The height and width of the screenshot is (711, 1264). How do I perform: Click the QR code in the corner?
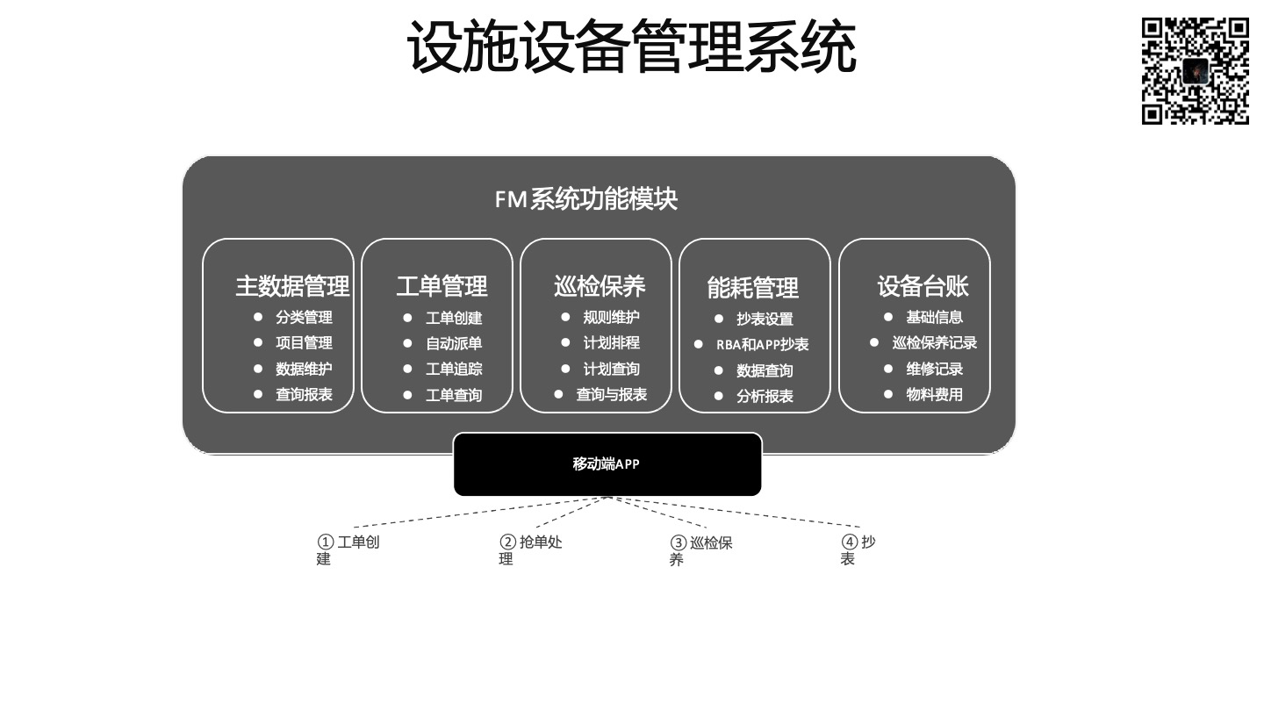[x=1196, y=70]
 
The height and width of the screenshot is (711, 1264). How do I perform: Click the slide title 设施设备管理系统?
[x=631, y=47]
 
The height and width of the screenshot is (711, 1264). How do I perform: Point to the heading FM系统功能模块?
[x=585, y=198]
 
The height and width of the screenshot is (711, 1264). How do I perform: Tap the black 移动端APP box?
[x=607, y=464]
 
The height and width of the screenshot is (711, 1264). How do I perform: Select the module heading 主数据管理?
[x=292, y=286]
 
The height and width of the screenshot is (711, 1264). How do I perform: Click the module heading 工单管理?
[x=442, y=286]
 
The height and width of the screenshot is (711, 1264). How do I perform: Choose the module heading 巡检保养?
[x=600, y=286]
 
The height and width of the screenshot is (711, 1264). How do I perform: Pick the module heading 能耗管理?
[x=753, y=288]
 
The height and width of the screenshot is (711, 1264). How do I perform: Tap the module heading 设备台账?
[x=923, y=286]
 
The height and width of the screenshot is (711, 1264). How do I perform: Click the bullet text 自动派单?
[x=454, y=343]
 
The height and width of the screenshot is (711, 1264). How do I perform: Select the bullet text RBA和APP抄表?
[x=762, y=344]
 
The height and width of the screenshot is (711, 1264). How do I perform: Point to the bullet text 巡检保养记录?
[x=935, y=342]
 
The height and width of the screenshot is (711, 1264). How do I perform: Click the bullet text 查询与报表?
[x=611, y=394]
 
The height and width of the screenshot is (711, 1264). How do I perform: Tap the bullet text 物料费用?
[x=935, y=394]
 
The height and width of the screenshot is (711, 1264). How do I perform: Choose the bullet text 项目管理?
[x=304, y=342]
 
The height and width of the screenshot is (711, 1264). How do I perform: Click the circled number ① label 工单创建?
[x=348, y=550]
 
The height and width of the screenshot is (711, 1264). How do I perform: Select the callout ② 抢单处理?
[x=530, y=550]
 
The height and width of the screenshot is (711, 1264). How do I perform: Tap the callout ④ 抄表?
[x=858, y=550]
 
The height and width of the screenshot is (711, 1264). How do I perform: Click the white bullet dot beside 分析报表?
[x=718, y=396]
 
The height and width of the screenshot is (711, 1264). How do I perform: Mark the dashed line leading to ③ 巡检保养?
[x=657, y=513]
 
